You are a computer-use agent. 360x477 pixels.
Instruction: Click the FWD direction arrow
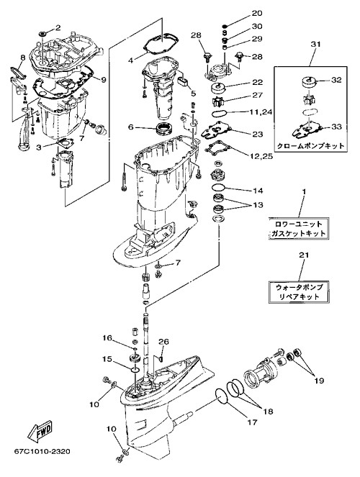pyautogui.click(x=40, y=432)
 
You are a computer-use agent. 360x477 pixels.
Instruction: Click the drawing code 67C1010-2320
pyautogui.click(x=42, y=451)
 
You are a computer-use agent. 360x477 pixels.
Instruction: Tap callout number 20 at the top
pyautogui.click(x=257, y=14)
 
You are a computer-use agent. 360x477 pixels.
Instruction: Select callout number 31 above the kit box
pyautogui.click(x=315, y=44)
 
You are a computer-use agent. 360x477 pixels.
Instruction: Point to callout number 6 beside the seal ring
pyautogui.click(x=131, y=127)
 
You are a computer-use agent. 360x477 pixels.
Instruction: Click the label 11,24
pyautogui.click(x=261, y=112)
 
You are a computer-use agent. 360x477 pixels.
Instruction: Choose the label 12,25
pyautogui.click(x=261, y=156)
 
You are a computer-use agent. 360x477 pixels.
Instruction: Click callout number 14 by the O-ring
pyautogui.click(x=258, y=191)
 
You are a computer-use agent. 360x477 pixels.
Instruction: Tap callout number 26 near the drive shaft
pyautogui.click(x=163, y=342)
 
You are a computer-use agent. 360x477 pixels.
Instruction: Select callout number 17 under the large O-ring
pyautogui.click(x=253, y=422)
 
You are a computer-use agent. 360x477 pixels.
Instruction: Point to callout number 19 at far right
pyautogui.click(x=319, y=381)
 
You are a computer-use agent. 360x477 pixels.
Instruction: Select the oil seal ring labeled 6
pyautogui.click(x=164, y=128)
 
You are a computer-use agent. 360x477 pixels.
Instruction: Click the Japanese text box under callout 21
pyautogui.click(x=299, y=292)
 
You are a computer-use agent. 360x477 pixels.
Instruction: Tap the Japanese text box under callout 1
pyautogui.click(x=299, y=229)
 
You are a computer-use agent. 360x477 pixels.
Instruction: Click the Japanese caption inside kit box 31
pyautogui.click(x=310, y=146)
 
